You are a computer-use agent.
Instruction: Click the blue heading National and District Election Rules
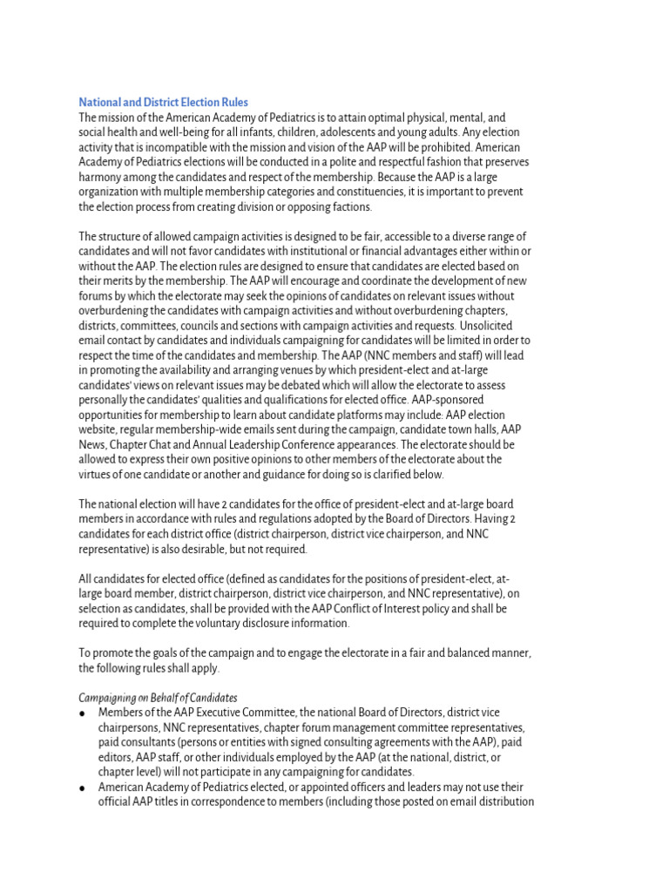point(164,103)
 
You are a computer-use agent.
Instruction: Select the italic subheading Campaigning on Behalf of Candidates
point(158,698)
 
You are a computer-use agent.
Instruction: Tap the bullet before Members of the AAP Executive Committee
point(82,713)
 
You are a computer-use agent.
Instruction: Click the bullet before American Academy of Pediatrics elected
point(82,787)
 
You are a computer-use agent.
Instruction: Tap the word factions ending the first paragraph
point(348,206)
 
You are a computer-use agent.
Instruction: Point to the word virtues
point(98,474)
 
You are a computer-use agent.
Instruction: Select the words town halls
point(497,429)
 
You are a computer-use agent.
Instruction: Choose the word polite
point(346,162)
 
